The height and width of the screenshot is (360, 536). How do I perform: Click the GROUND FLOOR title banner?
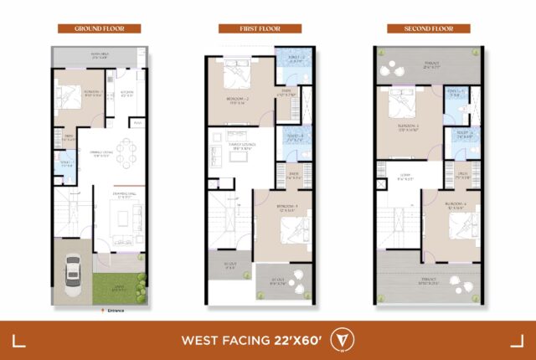click(99, 28)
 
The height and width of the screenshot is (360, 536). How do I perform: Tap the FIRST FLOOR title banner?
click(260, 28)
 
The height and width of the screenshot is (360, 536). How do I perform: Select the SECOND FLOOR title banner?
click(420, 28)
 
